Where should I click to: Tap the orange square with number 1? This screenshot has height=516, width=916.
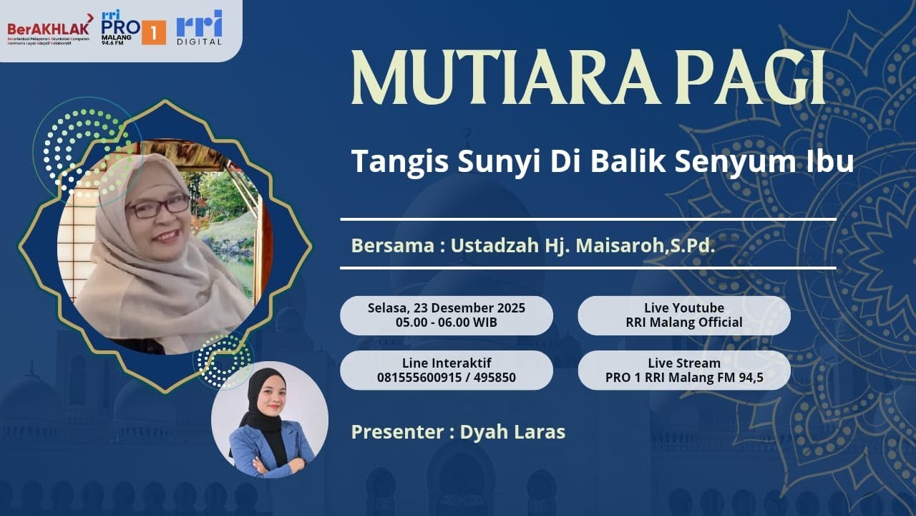(x=153, y=32)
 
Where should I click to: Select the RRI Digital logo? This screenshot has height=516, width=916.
(x=199, y=28)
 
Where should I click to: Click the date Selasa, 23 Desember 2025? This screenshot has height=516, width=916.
(x=447, y=308)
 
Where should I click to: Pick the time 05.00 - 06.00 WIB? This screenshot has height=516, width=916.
(x=447, y=322)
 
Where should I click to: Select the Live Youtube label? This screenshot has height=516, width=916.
(x=684, y=308)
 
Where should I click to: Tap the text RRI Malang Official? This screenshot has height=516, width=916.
(x=684, y=322)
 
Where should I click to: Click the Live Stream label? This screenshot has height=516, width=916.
(x=684, y=363)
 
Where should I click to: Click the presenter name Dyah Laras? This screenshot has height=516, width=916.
(x=512, y=432)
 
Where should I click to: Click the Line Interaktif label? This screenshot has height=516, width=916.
(x=447, y=363)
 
